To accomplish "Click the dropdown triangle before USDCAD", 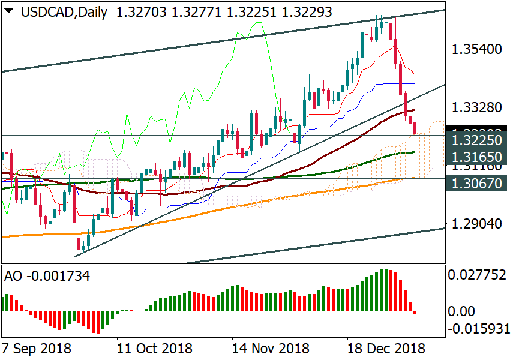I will [10, 11].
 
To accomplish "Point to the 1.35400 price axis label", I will [477, 49].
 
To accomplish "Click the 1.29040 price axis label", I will [477, 224].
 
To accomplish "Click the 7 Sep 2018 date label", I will [37, 348].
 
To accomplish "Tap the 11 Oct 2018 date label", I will [154, 348].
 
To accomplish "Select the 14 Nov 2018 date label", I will [271, 348].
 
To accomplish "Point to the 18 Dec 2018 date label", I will [386, 348].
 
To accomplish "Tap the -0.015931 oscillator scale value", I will [479, 329].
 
